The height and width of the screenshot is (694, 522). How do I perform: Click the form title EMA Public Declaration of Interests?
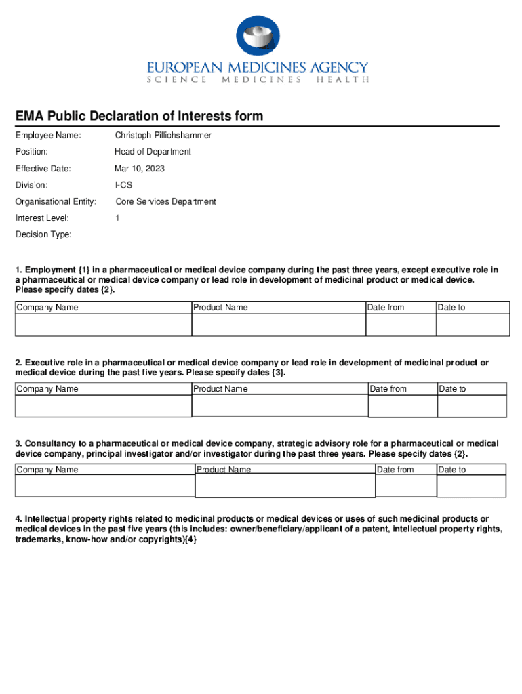tap(140, 117)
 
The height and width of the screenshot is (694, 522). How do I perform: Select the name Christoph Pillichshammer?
tap(163, 136)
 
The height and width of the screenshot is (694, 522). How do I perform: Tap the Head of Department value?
tap(153, 152)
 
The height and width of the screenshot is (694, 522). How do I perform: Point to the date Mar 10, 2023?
tap(139, 169)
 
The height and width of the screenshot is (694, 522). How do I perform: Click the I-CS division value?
tap(123, 185)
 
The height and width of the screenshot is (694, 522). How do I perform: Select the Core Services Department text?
tap(165, 201)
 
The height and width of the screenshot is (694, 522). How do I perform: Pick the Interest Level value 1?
tap(117, 218)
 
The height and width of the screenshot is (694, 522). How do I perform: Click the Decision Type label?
tap(43, 234)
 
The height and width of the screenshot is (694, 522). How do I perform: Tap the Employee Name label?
tap(48, 136)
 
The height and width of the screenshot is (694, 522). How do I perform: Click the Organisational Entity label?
tap(56, 201)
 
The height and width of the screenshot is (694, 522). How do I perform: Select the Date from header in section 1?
tap(386, 308)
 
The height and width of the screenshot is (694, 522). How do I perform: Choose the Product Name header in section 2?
tap(220, 389)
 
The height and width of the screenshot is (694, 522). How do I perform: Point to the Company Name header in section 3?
tap(47, 470)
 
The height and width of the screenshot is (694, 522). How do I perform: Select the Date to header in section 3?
tap(452, 470)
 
